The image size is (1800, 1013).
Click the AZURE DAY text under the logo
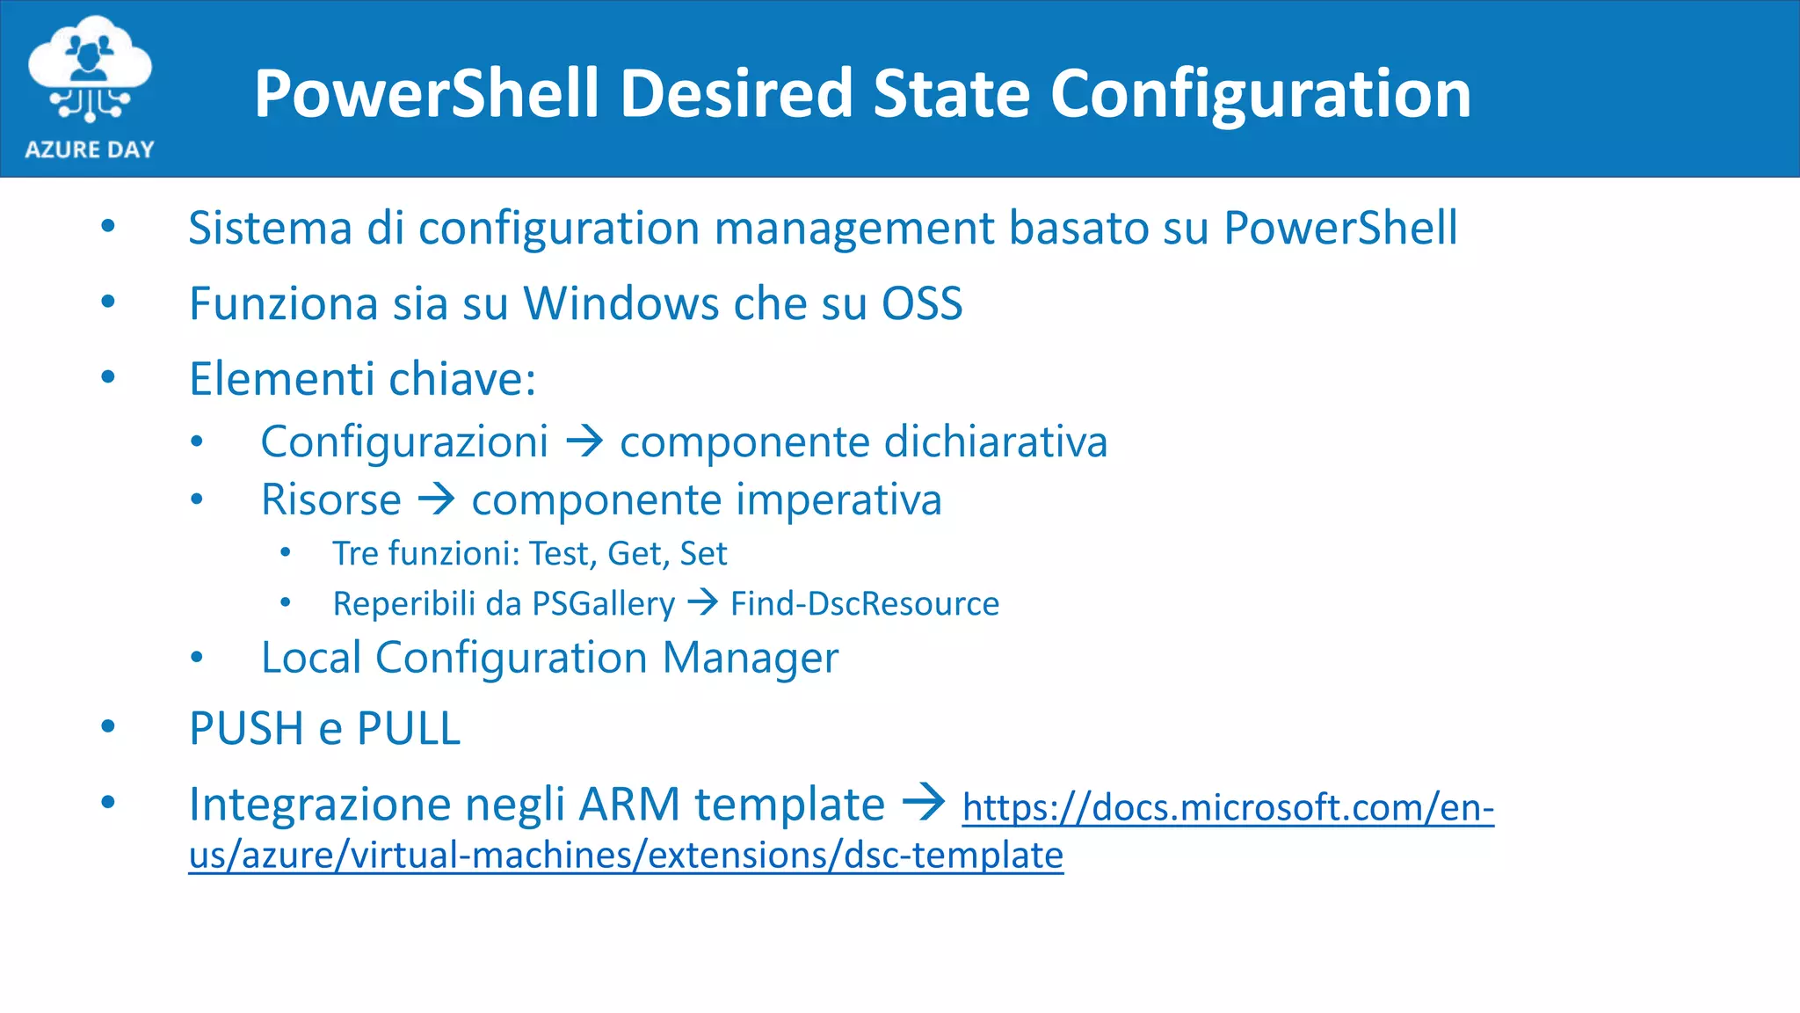(90, 149)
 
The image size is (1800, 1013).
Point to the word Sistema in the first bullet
(270, 229)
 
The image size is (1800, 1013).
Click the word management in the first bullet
(853, 229)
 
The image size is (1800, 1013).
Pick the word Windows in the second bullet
(620, 304)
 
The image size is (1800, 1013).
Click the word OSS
(922, 304)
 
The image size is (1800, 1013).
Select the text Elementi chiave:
(362, 380)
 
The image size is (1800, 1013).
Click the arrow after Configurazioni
(584, 441)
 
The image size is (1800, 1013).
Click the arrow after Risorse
(437, 499)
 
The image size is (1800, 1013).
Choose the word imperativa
(838, 500)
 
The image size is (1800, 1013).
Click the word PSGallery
(604, 604)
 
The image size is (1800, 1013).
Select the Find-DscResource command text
(865, 604)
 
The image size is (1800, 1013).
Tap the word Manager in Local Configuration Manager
(751, 659)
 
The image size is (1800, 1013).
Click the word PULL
(409, 729)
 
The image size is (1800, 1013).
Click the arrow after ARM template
(924, 802)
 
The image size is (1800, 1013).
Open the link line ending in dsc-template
(626, 856)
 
